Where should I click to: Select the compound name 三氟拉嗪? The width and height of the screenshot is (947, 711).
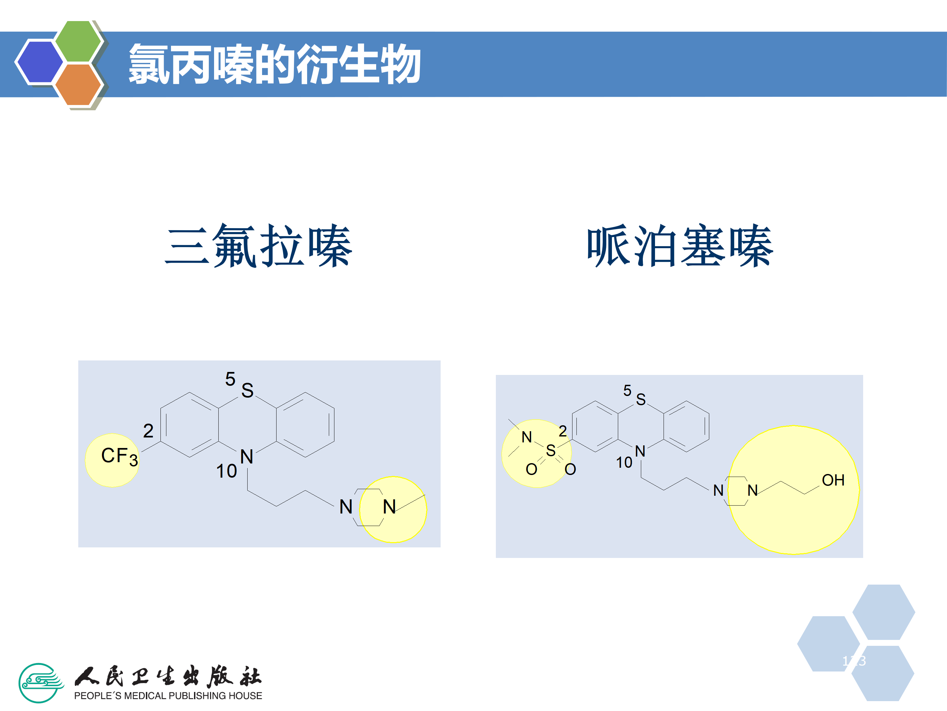[259, 246]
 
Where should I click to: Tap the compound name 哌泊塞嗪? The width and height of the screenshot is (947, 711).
[680, 246]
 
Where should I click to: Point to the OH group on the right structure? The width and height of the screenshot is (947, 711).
[833, 480]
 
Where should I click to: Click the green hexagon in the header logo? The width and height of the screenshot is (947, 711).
[78, 41]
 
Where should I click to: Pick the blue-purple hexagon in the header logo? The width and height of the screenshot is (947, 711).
[39, 61]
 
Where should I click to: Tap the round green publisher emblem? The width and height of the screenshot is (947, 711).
[40, 683]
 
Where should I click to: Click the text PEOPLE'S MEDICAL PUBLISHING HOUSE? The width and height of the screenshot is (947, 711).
[168, 696]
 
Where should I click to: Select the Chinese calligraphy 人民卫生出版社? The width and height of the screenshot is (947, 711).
[168, 677]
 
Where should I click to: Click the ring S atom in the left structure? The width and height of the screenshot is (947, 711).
[248, 390]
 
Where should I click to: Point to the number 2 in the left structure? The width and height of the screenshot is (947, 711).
[148, 431]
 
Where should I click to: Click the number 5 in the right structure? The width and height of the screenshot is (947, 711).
[627, 390]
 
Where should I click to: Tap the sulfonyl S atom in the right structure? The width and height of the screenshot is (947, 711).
[550, 450]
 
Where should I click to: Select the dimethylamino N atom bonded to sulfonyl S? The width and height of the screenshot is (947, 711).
[526, 437]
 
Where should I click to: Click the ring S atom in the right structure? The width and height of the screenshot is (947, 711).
[641, 399]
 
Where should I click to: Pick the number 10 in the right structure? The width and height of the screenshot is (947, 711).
[624, 462]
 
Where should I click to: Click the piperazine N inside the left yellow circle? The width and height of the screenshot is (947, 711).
[389, 507]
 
